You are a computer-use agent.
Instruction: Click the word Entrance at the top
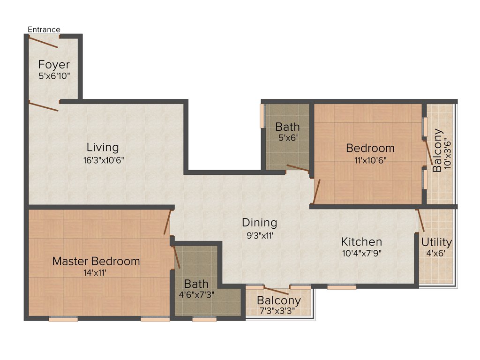[44, 30]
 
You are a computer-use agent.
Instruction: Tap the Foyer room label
[54, 64]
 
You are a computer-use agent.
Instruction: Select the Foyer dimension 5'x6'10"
[54, 75]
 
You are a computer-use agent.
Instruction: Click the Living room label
[102, 148]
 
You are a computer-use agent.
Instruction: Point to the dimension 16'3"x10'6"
[103, 159]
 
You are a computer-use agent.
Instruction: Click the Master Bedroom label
[96, 261]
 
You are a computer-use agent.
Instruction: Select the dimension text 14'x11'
[96, 272]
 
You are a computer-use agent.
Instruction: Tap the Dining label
[259, 223]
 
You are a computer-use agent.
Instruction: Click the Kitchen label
[361, 242]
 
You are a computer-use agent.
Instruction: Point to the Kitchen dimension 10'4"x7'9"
[361, 254]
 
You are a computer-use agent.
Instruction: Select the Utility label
[436, 242]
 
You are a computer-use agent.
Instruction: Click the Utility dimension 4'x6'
[436, 254]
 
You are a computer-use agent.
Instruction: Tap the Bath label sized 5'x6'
[287, 127]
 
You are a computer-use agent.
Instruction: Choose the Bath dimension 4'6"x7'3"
[196, 295]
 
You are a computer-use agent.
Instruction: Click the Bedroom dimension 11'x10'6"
[370, 159]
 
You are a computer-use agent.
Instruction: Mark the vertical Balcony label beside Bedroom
[437, 150]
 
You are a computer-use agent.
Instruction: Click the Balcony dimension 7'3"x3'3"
[279, 311]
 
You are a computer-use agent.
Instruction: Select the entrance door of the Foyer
[43, 42]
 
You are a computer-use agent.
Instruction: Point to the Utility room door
[420, 220]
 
